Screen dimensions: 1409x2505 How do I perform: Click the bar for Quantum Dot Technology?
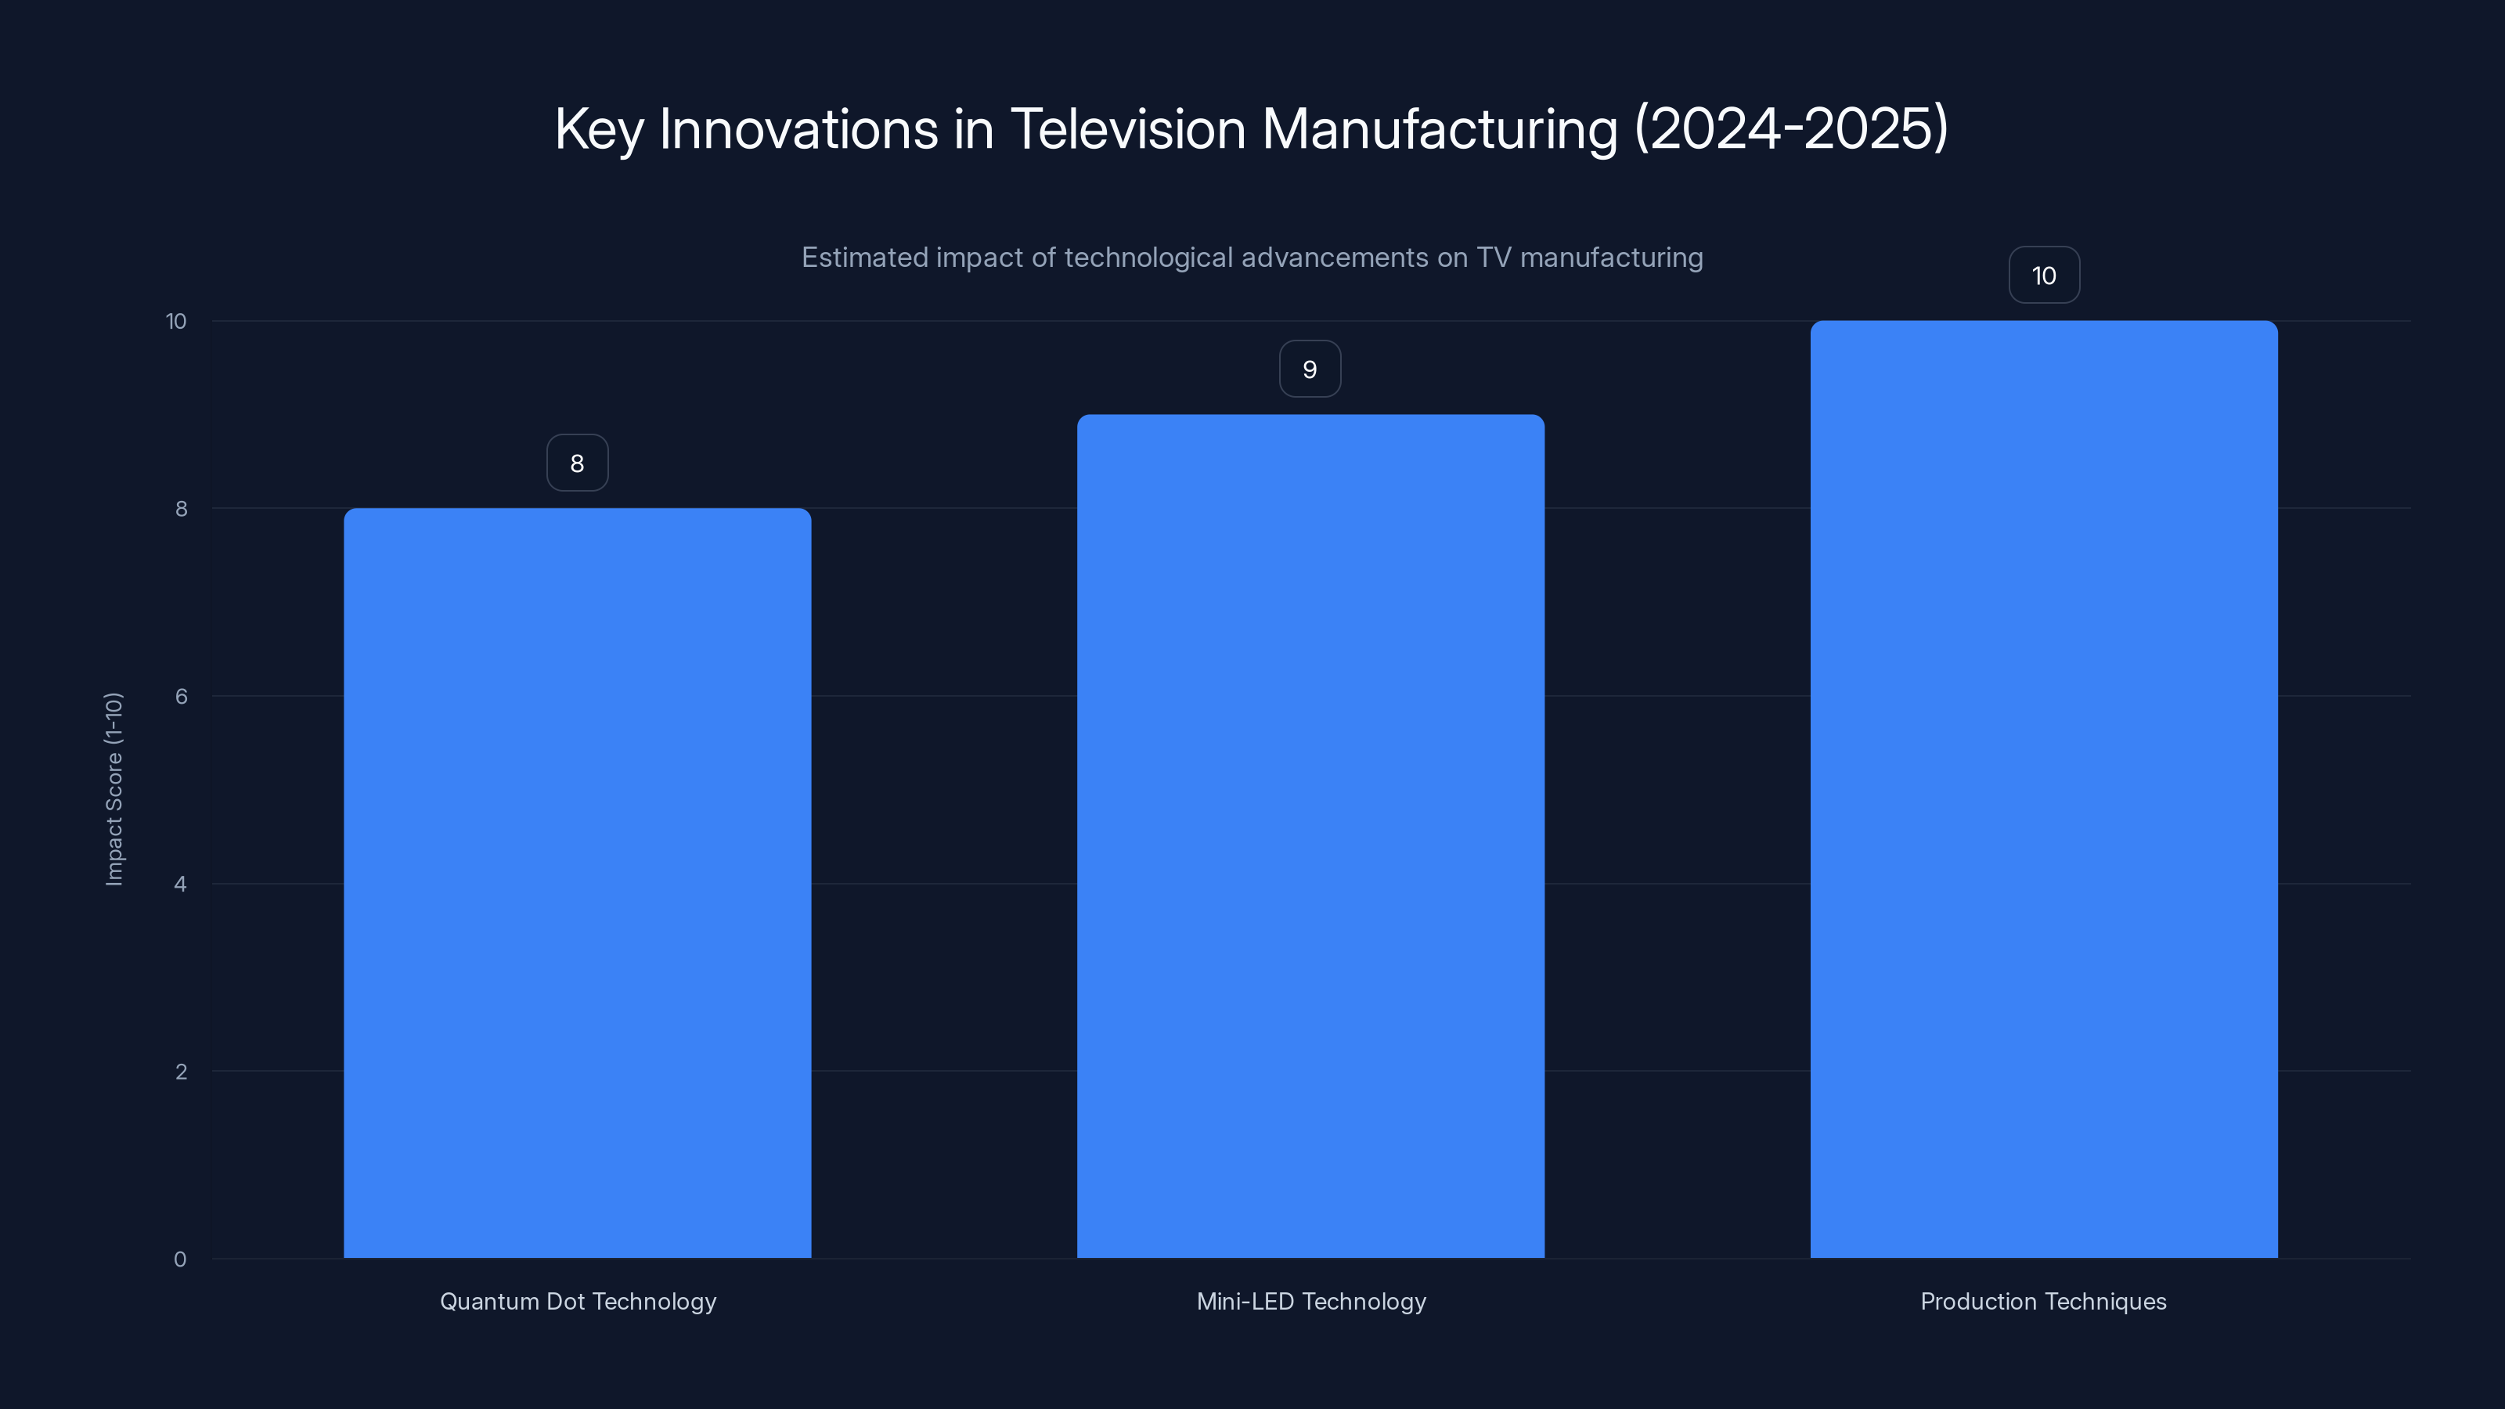tap(577, 883)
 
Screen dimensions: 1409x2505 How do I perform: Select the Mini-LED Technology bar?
tap(1310, 836)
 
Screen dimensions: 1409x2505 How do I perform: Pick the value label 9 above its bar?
tap(1310, 369)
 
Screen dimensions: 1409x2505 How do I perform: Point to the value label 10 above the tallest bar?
tap(2043, 276)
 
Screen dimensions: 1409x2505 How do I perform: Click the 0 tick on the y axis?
tap(180, 1259)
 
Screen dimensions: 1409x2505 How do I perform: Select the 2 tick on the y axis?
tap(181, 1072)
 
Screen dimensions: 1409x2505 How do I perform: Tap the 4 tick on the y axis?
tap(181, 884)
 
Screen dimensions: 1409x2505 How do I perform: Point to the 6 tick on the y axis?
tap(181, 696)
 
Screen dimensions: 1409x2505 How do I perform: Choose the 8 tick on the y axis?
tap(181, 509)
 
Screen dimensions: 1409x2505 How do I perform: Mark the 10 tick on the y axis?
tap(176, 321)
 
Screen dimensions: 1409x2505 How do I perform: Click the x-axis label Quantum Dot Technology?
tap(578, 1301)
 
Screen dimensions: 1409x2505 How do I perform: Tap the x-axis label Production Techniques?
tap(2043, 1301)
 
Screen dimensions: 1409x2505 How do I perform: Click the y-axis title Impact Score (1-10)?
tap(114, 788)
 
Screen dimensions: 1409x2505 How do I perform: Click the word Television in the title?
tap(1127, 128)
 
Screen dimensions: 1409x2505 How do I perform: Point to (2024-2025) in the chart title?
tap(1791, 128)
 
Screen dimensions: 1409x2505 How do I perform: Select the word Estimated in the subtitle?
tap(863, 258)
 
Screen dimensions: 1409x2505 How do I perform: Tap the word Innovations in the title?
tap(798, 128)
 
